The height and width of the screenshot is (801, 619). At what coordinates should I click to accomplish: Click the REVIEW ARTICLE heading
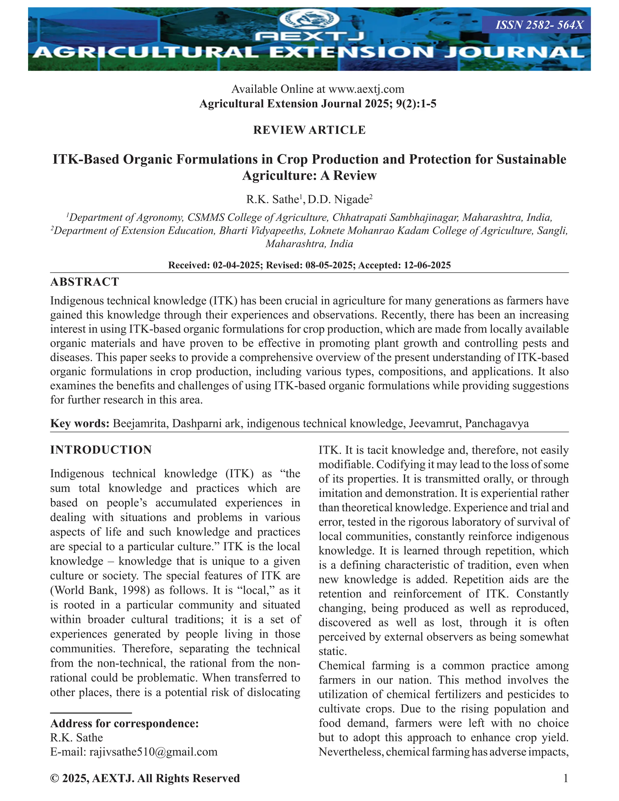[309, 130]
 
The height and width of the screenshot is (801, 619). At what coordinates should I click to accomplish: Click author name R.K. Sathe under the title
[272, 199]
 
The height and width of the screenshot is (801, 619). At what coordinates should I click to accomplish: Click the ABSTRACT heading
[85, 282]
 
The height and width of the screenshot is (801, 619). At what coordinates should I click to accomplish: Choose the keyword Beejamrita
[139, 423]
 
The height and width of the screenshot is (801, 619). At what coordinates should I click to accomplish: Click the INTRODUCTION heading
[101, 450]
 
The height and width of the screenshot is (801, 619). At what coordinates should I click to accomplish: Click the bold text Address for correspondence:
[124, 723]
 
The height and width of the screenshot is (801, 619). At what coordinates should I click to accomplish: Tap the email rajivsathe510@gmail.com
[153, 752]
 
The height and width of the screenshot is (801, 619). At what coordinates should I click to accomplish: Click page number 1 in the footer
[565, 778]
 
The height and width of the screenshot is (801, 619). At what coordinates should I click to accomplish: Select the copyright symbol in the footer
[55, 778]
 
